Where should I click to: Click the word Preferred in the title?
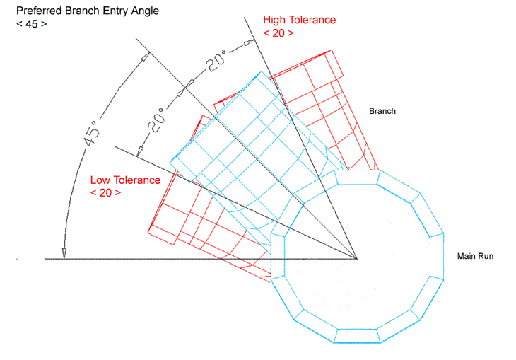pos(39,11)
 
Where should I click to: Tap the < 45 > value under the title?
pos(32,24)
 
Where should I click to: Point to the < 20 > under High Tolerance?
pos(278,33)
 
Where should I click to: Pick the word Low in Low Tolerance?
pos(100,180)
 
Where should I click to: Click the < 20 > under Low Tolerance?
pos(105,192)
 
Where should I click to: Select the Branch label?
pos(382,111)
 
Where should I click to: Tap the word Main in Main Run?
pos(467,256)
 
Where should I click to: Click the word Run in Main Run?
pos(486,256)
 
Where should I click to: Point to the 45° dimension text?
pos(91,134)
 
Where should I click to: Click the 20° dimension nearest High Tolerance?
pos(216,60)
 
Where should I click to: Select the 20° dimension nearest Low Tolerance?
pos(156,120)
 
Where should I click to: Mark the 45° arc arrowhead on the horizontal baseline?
pos(64,253)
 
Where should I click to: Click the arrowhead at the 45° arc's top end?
pos(145,57)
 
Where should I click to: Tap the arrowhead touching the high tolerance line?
pos(248,42)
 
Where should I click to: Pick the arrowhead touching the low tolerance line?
pos(140,151)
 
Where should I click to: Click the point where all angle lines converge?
pos(357,259)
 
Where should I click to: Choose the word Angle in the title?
pos(145,11)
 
